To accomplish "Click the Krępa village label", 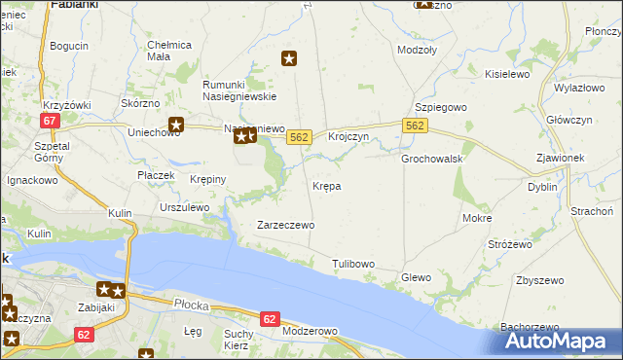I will point(326,185).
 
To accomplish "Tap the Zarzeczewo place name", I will point(285,225).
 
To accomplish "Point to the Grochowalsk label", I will point(431,159).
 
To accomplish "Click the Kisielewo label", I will point(506,74).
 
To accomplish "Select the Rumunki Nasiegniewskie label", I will point(240,90).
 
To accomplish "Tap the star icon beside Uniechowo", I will point(176,124).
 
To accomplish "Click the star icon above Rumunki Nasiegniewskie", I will point(289,59).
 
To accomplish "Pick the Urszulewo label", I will point(185,207).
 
